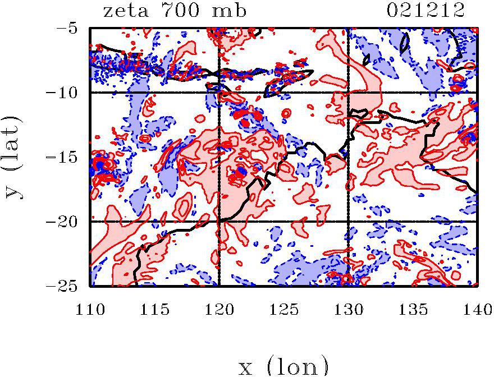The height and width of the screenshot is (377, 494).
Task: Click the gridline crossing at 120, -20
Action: pyautogui.click(x=219, y=222)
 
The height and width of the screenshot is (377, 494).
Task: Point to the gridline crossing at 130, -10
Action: pyautogui.click(x=349, y=93)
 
